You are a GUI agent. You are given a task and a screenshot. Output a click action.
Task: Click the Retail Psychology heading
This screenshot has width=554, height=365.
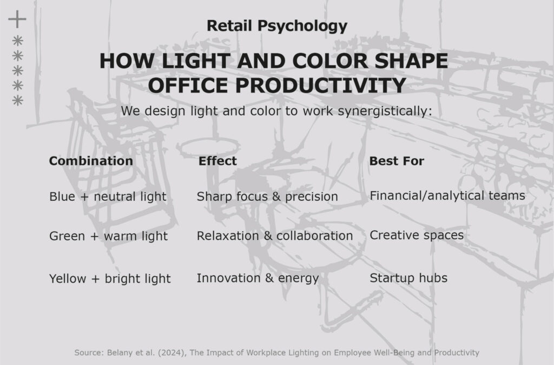[x=277, y=26]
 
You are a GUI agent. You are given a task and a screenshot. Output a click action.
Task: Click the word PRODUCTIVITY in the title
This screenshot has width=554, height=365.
[x=320, y=85]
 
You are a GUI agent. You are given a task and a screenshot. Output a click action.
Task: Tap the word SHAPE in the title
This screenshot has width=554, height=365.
[x=411, y=61]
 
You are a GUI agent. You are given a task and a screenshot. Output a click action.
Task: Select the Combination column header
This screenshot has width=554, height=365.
[x=91, y=161]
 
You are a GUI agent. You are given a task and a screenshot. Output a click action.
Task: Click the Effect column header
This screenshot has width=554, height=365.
[x=217, y=161]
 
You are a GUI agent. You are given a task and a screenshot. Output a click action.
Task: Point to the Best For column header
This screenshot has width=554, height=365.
[x=397, y=161]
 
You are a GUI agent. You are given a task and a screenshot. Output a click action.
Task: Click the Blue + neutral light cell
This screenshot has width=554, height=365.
[x=108, y=197]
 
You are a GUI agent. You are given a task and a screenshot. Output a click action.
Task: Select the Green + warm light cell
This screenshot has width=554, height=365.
[x=108, y=236]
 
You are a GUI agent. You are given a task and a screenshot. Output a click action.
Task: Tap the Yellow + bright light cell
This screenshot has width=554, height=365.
[x=110, y=279]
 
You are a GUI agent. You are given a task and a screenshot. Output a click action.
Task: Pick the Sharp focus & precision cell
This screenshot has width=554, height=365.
[x=267, y=197]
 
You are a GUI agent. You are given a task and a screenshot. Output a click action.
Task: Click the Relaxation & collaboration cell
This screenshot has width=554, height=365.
[x=274, y=236]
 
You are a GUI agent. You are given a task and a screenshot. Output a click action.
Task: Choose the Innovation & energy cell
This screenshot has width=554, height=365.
[x=258, y=278]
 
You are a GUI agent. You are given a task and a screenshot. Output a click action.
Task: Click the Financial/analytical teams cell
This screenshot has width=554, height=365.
[x=447, y=195]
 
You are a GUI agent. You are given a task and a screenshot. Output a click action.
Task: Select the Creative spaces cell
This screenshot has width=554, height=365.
[x=417, y=235]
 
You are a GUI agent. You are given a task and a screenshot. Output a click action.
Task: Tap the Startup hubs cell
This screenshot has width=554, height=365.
[x=408, y=278]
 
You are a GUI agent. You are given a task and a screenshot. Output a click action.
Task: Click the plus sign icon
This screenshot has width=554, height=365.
[x=17, y=19]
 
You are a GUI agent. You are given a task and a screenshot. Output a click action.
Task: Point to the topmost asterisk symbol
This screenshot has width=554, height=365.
[x=18, y=41]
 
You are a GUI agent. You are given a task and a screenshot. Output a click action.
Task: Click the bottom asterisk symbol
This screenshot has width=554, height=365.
[x=18, y=100]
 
